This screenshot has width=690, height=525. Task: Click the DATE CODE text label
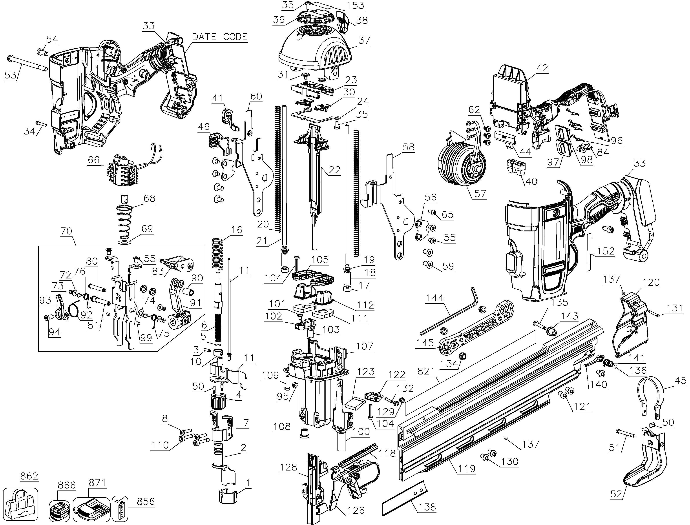point(219,37)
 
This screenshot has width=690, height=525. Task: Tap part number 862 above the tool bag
point(29,476)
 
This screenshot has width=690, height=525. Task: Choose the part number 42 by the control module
point(542,68)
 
